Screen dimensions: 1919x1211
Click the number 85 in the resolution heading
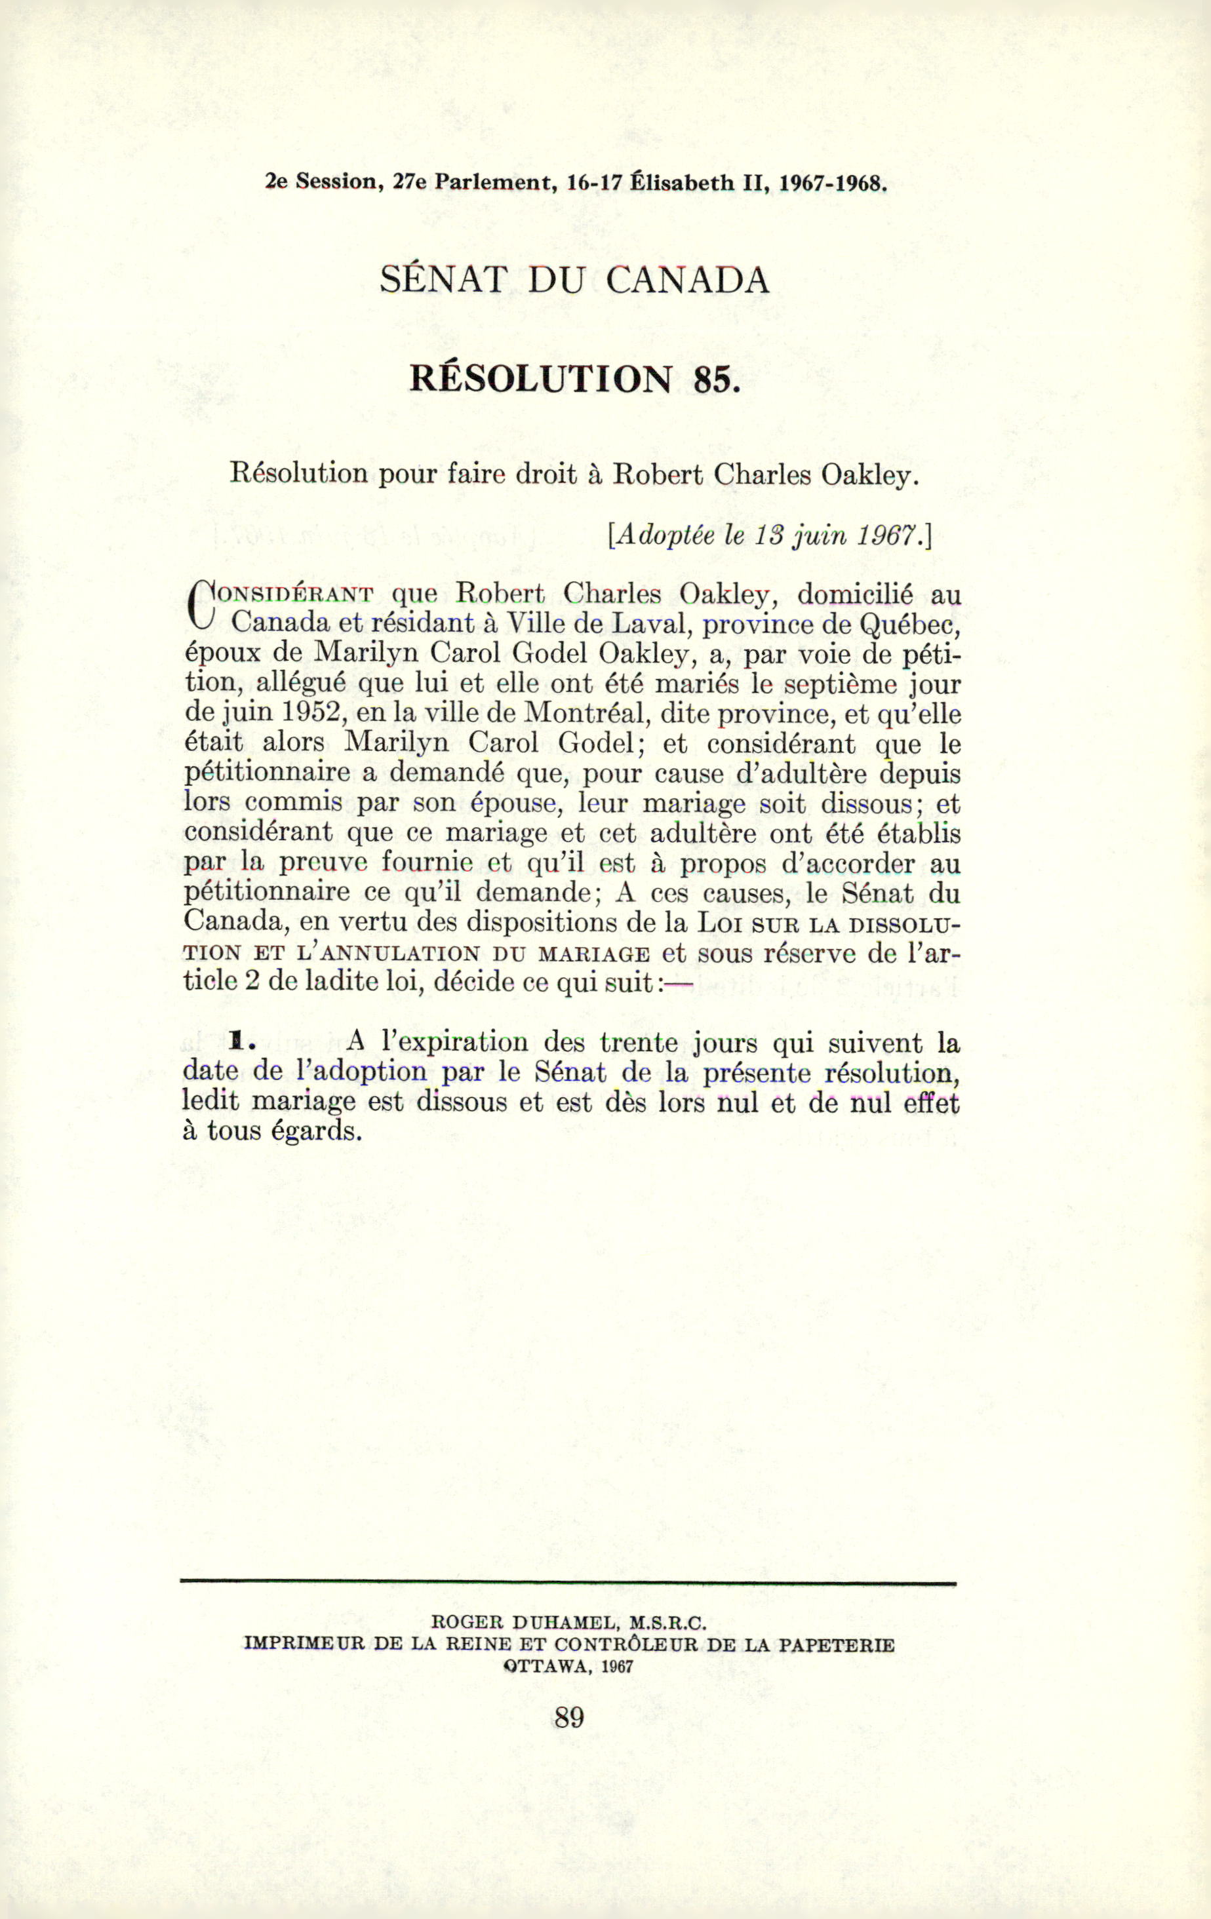[x=712, y=379]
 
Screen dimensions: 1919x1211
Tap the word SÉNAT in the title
[x=443, y=280]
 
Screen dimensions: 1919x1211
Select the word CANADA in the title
[x=687, y=280]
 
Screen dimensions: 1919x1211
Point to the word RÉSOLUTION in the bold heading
[x=540, y=379]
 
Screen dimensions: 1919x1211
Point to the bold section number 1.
[x=237, y=1041]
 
